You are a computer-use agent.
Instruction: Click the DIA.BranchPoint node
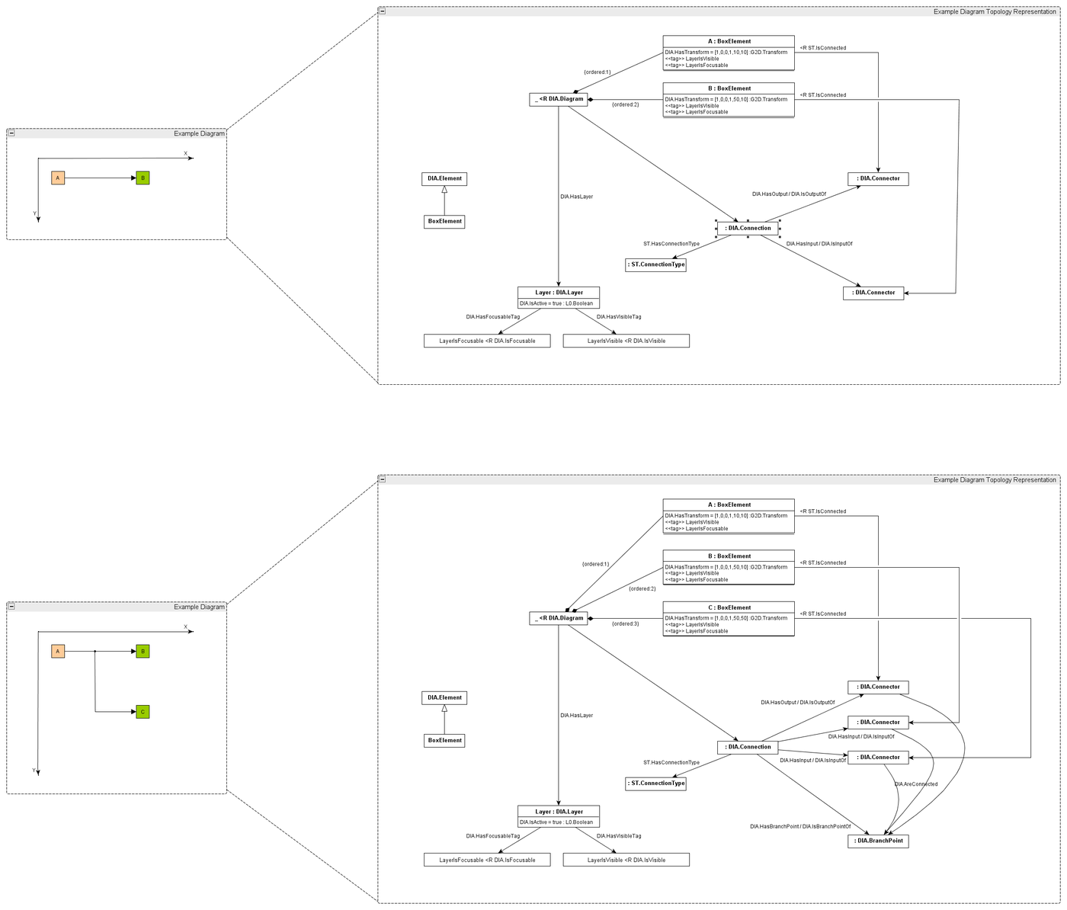[x=878, y=841]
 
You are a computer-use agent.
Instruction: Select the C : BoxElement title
[x=729, y=607]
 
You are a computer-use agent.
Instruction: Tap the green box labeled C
[x=143, y=712]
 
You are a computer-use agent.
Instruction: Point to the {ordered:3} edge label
[x=625, y=623]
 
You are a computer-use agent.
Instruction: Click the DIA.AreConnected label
[x=915, y=784]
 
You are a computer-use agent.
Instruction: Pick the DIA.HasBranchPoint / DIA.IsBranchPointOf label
[x=799, y=826]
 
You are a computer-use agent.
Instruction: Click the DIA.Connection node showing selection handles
[x=748, y=228]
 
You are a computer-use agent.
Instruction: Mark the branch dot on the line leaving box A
[x=95, y=652]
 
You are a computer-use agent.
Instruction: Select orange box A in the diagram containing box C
[x=58, y=652]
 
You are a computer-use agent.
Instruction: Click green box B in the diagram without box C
[x=143, y=178]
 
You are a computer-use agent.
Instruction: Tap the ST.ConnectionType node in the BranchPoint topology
[x=655, y=783]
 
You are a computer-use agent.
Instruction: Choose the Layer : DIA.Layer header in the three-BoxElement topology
[x=559, y=812]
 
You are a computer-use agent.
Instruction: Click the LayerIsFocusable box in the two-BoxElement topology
[x=487, y=341]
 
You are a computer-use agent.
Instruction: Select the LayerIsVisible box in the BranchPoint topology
[x=626, y=860]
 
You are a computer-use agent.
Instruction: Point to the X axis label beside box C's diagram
[x=185, y=627]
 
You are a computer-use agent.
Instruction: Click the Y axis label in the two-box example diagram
[x=34, y=213]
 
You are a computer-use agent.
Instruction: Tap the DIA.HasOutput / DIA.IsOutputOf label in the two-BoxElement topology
[x=789, y=194]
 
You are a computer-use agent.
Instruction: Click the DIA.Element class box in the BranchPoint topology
[x=444, y=697]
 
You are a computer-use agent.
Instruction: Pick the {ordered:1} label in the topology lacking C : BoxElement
[x=597, y=72]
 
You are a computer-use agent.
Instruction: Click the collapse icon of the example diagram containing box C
[x=11, y=607]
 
